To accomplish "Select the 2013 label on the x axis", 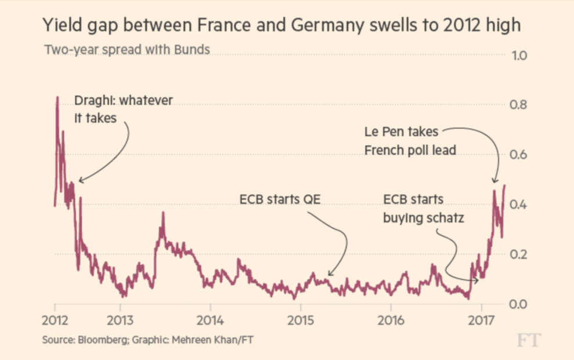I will click(x=119, y=320).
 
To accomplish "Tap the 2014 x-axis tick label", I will click(x=210, y=320).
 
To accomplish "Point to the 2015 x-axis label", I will click(x=300, y=320).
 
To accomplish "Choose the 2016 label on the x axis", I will click(x=390, y=320).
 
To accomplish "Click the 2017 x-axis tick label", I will click(x=481, y=320).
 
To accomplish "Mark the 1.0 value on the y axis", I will click(x=518, y=56).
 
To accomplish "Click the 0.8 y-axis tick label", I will click(x=518, y=106).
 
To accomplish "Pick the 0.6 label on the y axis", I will click(x=518, y=155).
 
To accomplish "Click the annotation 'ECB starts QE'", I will click(x=280, y=199).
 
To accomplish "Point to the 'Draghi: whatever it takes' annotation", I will click(x=123, y=109).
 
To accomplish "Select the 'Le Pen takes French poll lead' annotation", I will click(x=410, y=141).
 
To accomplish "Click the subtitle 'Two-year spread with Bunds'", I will click(x=127, y=50).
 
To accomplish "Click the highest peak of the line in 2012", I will click(x=57, y=97).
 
